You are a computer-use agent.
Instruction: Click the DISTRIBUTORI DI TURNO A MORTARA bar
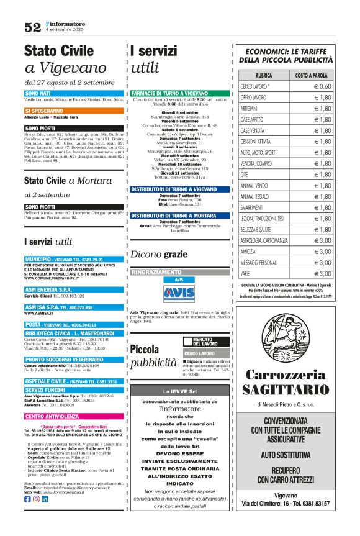173,215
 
